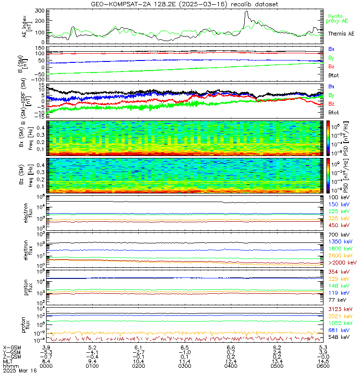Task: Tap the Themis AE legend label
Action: pyautogui.click(x=341, y=33)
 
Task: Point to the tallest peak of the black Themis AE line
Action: pyautogui.click(x=246, y=12)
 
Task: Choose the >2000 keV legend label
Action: pyautogui.click(x=342, y=263)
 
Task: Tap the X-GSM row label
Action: pyautogui.click(x=12, y=347)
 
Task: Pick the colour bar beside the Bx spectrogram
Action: pyautogui.click(x=329, y=138)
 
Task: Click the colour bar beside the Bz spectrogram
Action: pyautogui.click(x=329, y=176)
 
